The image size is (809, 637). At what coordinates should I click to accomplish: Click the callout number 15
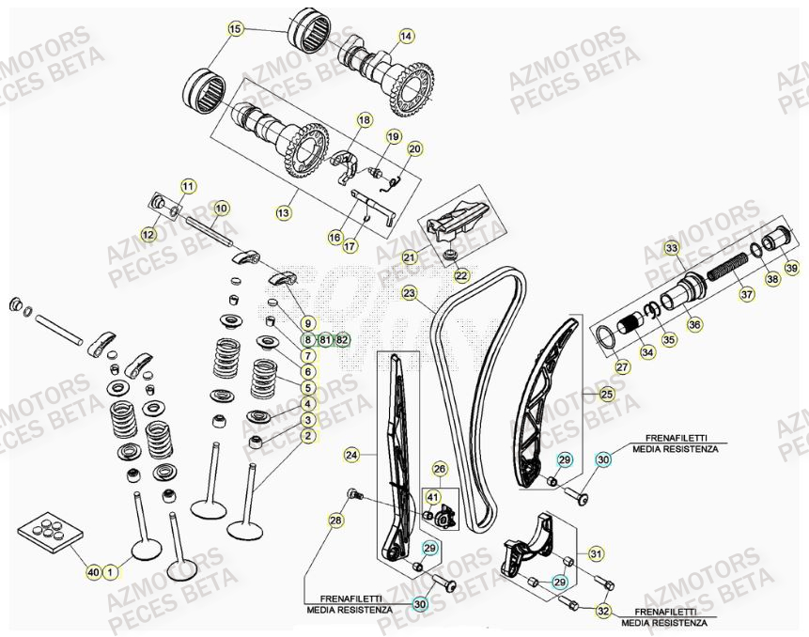pos(235,29)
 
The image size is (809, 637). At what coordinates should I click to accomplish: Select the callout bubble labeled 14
pos(406,37)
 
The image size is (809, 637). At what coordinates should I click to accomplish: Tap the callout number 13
pos(283,213)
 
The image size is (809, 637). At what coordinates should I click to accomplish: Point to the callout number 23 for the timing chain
pos(409,293)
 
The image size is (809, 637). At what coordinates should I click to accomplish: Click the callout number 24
pos(351,455)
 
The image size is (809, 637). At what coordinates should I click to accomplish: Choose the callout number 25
pos(606,395)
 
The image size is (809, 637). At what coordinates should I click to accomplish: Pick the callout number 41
pos(433,497)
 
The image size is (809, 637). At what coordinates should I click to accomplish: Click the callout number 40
pos(92,570)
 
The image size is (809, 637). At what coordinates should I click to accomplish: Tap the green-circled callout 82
pos(341,338)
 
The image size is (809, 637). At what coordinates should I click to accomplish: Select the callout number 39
pos(791,268)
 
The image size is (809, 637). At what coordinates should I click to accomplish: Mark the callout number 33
pos(671,248)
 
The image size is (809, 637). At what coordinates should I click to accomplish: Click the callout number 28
pos(335,520)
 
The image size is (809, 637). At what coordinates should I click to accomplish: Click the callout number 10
pos(222,208)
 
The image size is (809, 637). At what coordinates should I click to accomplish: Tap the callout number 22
pos(461,275)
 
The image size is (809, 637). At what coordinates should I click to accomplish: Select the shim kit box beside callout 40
pos(50,533)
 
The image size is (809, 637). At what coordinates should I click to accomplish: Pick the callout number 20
pos(414,148)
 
